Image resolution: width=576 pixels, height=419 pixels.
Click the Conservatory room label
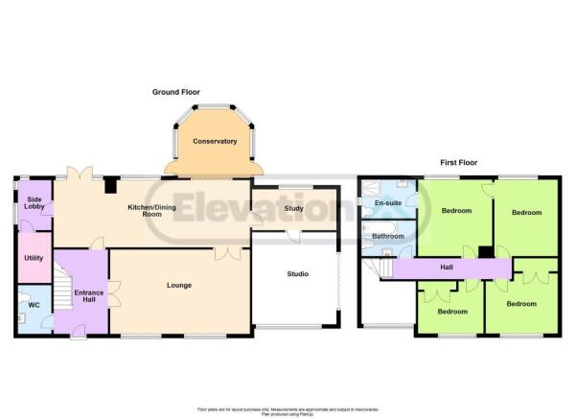pyautogui.click(x=214, y=142)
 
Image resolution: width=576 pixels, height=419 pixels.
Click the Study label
pyautogui.click(x=294, y=208)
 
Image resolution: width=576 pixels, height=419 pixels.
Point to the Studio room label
pyautogui.click(x=298, y=274)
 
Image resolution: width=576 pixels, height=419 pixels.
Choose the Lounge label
pyautogui.click(x=178, y=285)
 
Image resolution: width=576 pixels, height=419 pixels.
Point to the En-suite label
pyautogui.click(x=386, y=204)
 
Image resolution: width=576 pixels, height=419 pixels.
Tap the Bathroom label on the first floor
pyautogui.click(x=388, y=236)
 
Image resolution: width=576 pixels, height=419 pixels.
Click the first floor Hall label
pyautogui.click(x=446, y=268)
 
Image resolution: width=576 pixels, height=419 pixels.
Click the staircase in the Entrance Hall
pyautogui.click(x=61, y=288)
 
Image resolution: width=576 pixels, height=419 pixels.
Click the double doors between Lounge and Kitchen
pyautogui.click(x=226, y=254)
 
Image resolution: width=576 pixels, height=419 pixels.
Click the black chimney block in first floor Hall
pyautogui.click(x=486, y=253)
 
